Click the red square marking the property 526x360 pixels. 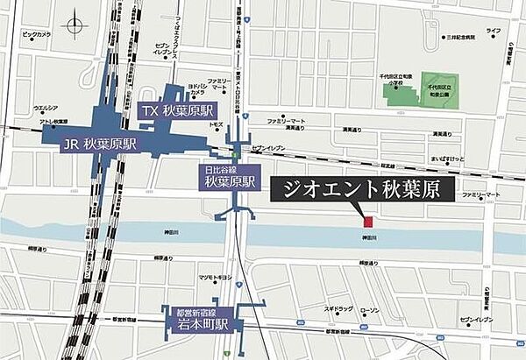click(369, 220)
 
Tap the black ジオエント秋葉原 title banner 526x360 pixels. click(359, 189)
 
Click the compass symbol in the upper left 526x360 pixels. click(75, 25)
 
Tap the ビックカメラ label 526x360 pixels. click(36, 34)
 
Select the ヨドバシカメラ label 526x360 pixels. click(196, 88)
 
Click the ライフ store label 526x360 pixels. click(494, 31)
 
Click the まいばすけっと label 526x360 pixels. click(440, 160)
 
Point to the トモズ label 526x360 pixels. click(215, 125)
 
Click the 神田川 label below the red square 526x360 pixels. click(370, 236)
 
